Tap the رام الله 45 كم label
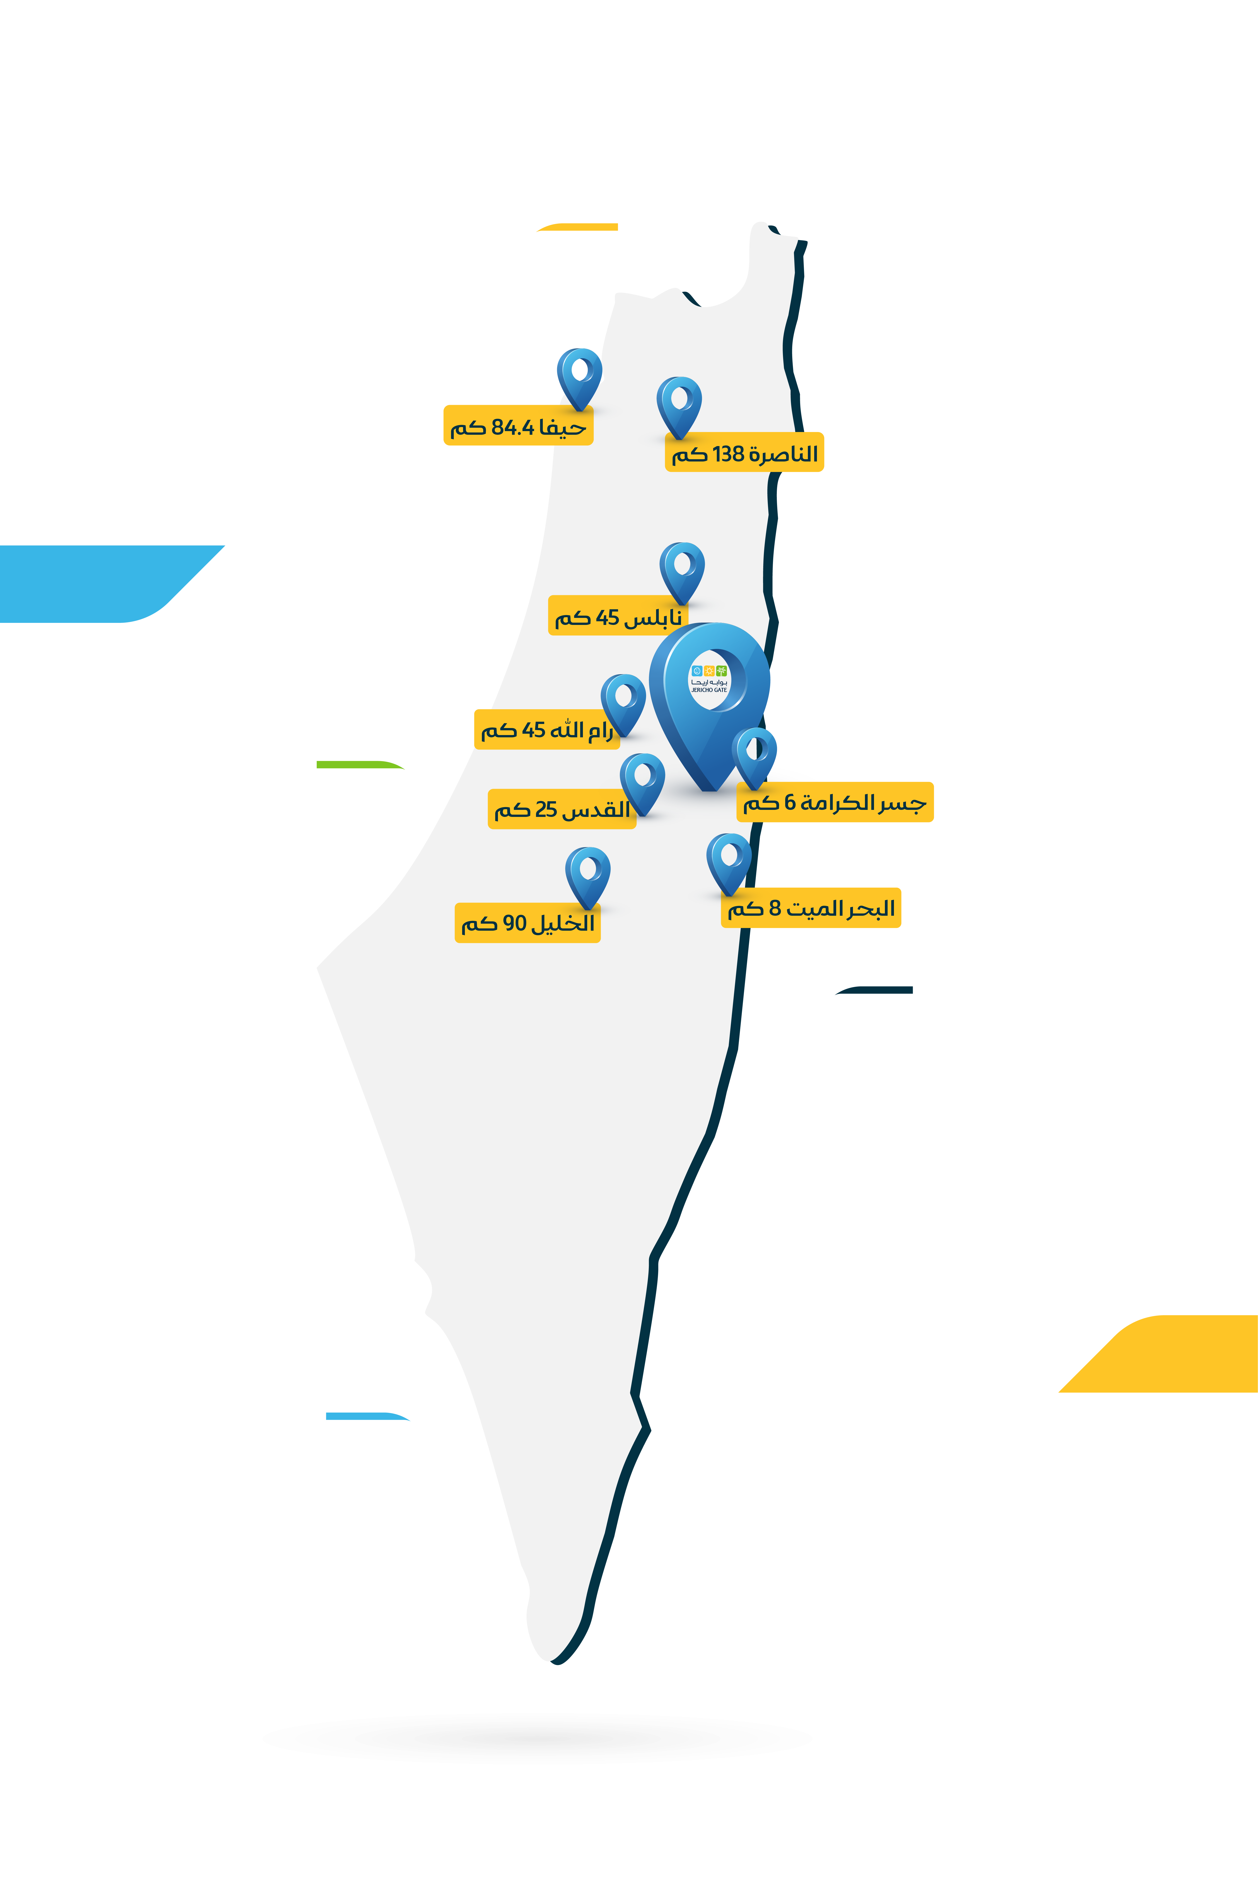546,729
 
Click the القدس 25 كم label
562,809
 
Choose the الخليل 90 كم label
527,923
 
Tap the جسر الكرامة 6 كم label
834,802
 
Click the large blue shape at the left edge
96,583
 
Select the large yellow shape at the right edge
1171,1353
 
